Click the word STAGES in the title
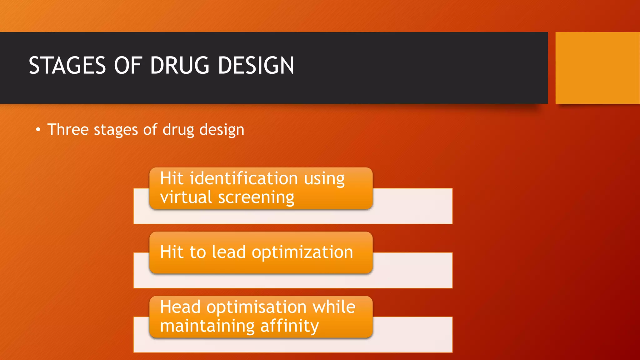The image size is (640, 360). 67,66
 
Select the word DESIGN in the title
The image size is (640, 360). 256,66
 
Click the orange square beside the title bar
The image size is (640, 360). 597,68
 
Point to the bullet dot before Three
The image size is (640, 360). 38,130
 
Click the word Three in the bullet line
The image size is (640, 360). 68,129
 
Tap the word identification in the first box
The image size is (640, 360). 244,178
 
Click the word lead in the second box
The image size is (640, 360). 229,252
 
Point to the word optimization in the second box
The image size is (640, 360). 302,252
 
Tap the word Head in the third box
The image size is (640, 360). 180,307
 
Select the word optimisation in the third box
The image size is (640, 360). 257,307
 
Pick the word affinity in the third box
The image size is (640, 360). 289,326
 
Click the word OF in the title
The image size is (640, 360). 128,66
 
